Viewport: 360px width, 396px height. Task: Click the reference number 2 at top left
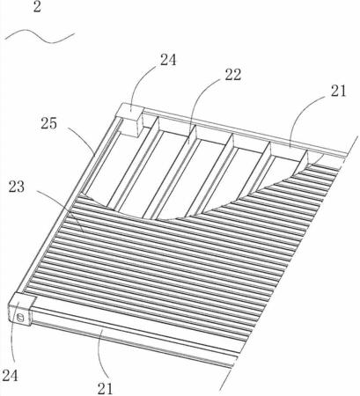37,7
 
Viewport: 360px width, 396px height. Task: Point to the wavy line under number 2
40,36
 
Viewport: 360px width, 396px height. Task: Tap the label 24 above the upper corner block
168,60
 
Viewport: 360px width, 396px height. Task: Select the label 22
233,75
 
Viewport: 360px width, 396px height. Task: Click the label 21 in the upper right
338,91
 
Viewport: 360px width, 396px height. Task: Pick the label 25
48,123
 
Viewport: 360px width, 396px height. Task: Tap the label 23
17,187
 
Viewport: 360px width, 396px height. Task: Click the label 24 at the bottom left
11,376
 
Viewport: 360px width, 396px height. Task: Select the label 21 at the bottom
105,389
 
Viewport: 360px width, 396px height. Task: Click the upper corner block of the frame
131,120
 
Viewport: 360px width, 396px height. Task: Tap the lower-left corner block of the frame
21,310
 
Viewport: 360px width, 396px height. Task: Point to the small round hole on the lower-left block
20,317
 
